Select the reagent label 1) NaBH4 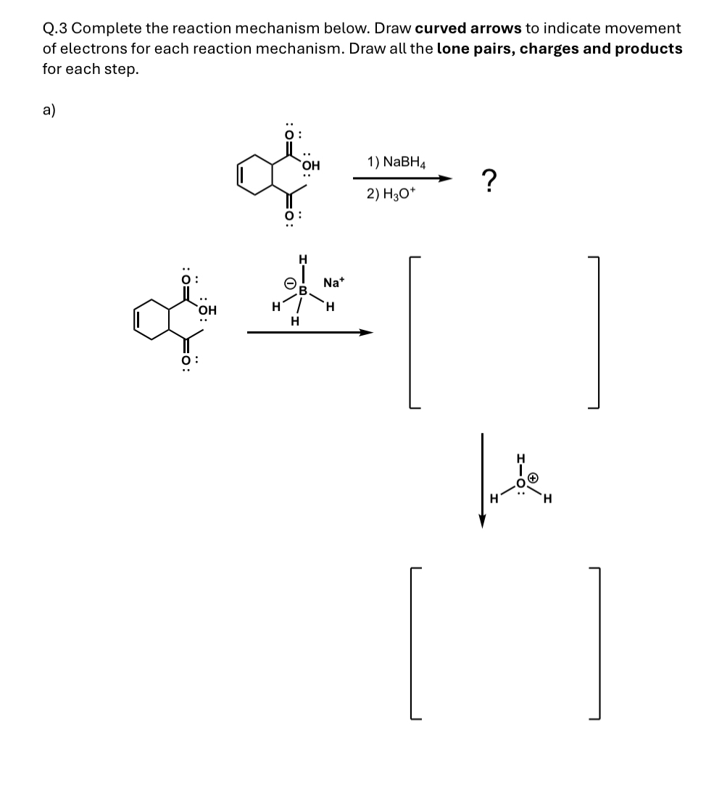pyautogui.click(x=396, y=162)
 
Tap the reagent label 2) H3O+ pyautogui.click(x=391, y=194)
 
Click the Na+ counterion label pyautogui.click(x=333, y=282)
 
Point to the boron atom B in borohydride pyautogui.click(x=304, y=291)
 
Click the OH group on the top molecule pyautogui.click(x=311, y=165)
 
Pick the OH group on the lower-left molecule pyautogui.click(x=207, y=310)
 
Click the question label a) pyautogui.click(x=49, y=109)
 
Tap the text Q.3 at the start pyautogui.click(x=55, y=28)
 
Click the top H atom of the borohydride pyautogui.click(x=303, y=260)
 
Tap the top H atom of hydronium pyautogui.click(x=519, y=458)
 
